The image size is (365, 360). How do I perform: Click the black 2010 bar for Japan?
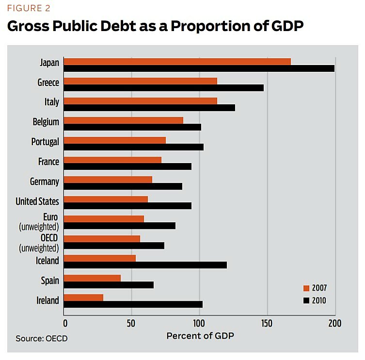coord(199,68)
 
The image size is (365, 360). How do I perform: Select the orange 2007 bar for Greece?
coord(141,81)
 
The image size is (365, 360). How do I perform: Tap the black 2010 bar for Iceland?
coord(145,265)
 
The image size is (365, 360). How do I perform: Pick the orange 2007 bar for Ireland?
coord(83,297)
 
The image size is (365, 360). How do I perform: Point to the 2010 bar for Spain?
coord(109,285)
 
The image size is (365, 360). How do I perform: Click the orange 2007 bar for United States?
coord(106,199)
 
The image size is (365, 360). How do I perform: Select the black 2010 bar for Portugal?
coord(134,147)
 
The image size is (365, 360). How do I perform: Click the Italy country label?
coord(51,102)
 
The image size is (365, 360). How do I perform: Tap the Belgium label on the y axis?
coord(46,122)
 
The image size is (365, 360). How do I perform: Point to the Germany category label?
coord(45,181)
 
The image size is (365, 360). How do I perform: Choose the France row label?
coord(48,162)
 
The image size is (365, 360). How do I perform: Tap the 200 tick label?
coord(334,324)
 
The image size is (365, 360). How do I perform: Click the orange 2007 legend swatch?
coord(306,288)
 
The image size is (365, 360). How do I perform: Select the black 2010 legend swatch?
coord(306,300)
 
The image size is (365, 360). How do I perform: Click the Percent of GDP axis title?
coord(199,336)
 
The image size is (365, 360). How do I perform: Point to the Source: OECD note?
coord(41,338)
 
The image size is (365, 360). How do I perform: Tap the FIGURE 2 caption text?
coord(29,8)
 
